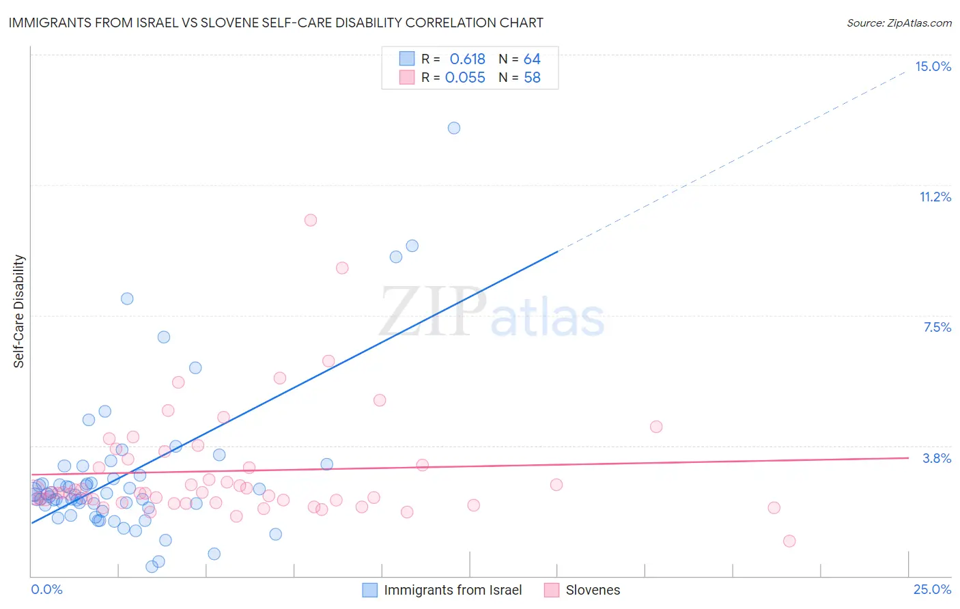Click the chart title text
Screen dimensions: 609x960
coord(276,23)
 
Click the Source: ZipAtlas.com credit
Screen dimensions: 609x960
coord(899,23)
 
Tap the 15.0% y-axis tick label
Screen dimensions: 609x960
coord(933,66)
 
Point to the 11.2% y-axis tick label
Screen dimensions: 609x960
coord(935,197)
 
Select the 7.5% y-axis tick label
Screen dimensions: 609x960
coord(937,327)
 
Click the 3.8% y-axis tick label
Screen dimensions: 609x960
coord(937,458)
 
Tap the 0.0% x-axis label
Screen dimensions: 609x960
coord(46,589)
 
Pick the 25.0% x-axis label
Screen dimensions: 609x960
coord(932,589)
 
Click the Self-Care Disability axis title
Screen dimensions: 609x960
coord(19,311)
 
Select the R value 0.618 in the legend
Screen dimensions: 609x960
coord(467,59)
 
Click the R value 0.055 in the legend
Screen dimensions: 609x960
coord(465,78)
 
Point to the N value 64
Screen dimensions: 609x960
coord(532,59)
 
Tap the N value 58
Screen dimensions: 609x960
coord(532,78)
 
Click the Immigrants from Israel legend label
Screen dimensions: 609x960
coord(453,590)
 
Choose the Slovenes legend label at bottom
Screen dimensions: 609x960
coord(593,590)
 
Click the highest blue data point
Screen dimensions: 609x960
coord(454,128)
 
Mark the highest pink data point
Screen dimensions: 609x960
coord(311,220)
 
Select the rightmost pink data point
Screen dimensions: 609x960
coord(789,541)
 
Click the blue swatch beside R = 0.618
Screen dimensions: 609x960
coord(407,59)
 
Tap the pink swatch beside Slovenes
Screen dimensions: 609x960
coord(552,590)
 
